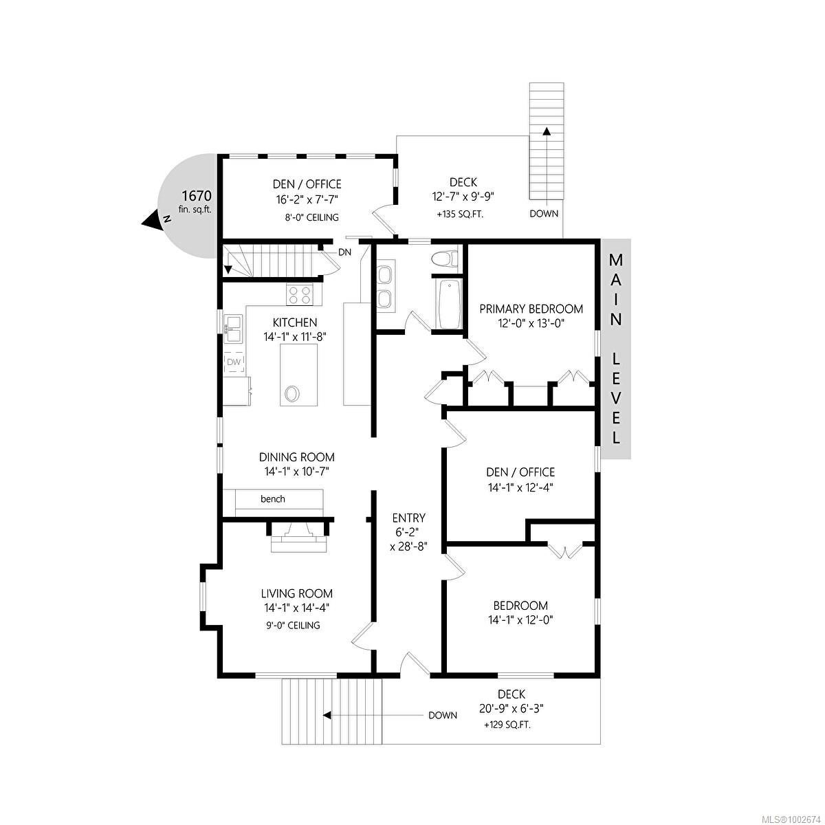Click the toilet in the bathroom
tap(444, 259)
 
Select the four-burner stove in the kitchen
tap(300, 296)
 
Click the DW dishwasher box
tap(234, 362)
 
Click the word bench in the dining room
tap(273, 498)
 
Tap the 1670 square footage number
tap(197, 196)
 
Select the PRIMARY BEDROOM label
tap(531, 309)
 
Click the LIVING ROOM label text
tap(297, 593)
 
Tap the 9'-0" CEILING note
tap(291, 625)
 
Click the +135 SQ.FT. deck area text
tap(460, 214)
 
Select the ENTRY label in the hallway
tap(408, 518)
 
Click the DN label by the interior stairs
tap(344, 252)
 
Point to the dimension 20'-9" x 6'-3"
tap(511, 709)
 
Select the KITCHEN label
tap(295, 322)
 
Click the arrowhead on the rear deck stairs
tap(547, 131)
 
